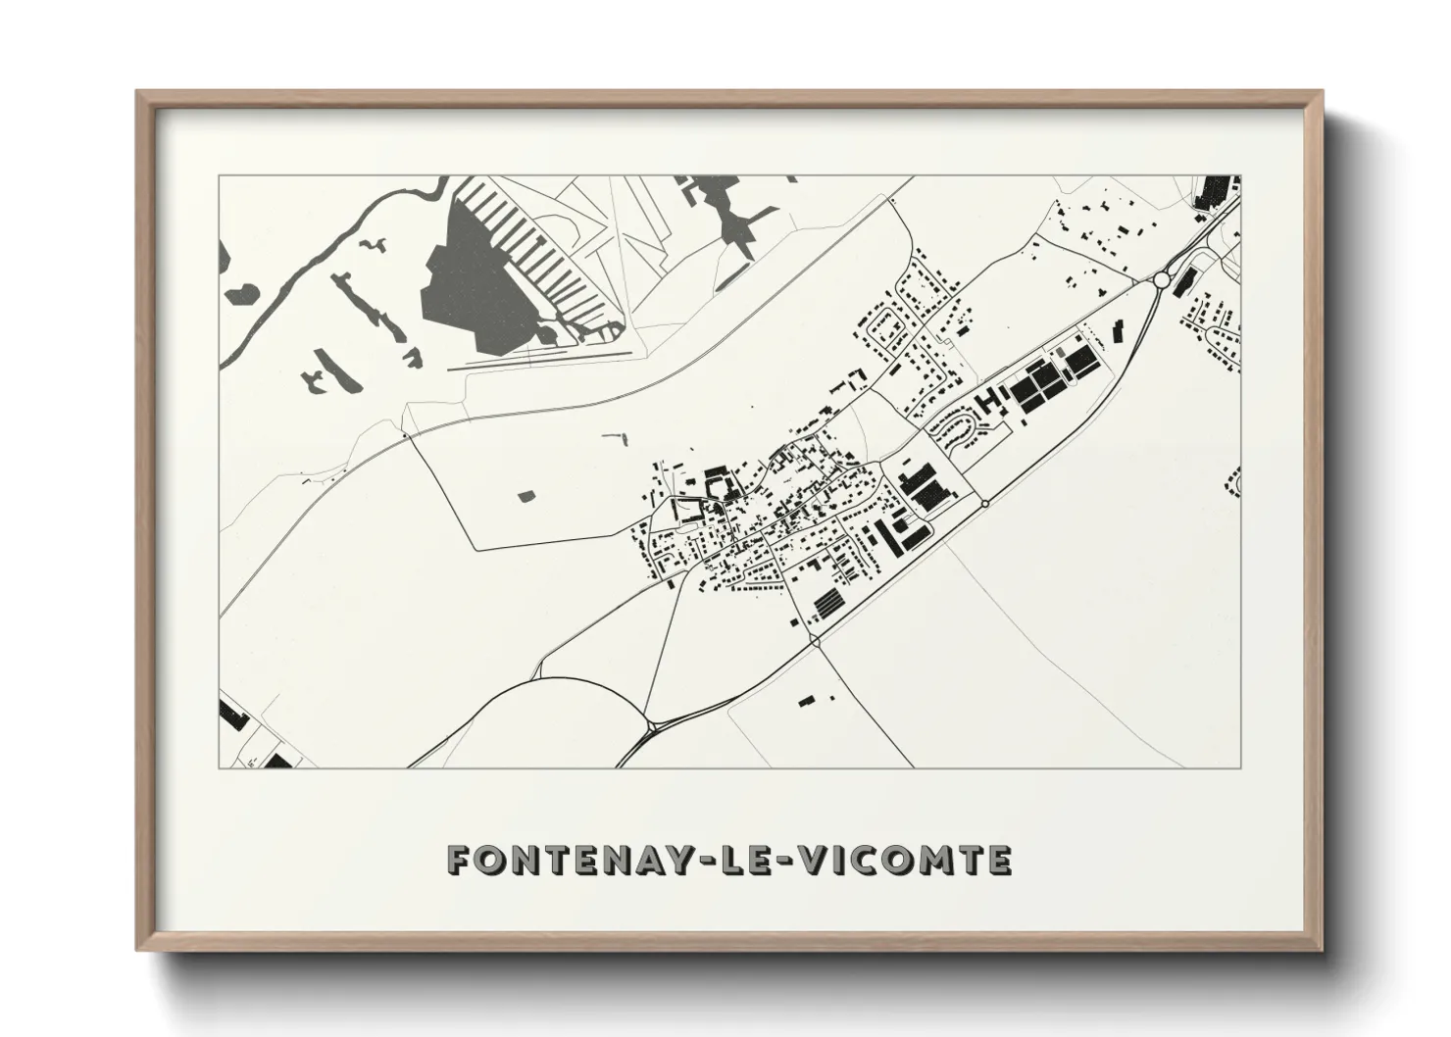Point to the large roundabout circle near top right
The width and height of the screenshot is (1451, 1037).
point(1162,280)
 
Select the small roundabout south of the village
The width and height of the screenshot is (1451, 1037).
point(816,641)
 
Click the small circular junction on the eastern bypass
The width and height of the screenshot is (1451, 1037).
point(984,504)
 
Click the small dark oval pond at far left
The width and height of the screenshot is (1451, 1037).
point(241,292)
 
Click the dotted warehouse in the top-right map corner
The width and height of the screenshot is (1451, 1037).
point(1214,189)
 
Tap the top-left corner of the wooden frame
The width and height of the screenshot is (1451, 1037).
point(138,93)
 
